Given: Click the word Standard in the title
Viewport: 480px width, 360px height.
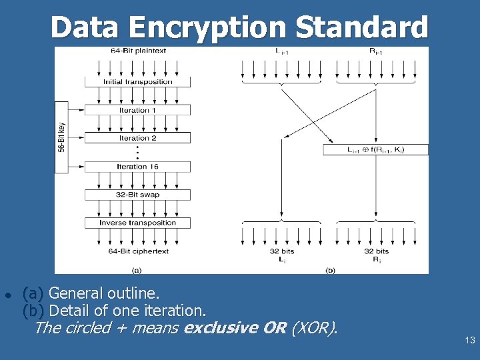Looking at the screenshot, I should [x=361, y=28].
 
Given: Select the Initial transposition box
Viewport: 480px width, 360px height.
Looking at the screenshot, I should [x=137, y=82].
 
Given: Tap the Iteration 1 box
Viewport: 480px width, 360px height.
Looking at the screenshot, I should [x=137, y=110].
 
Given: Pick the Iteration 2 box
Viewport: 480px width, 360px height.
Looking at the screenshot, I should [x=137, y=138].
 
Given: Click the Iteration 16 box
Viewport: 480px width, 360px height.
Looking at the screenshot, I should [x=137, y=167].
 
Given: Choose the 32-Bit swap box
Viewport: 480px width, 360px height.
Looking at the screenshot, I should [x=137, y=195].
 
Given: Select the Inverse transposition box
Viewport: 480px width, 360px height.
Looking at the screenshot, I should [x=137, y=223].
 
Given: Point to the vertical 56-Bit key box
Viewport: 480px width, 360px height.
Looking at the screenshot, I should [x=61, y=137].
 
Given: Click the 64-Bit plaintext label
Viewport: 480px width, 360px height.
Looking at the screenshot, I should [x=138, y=51].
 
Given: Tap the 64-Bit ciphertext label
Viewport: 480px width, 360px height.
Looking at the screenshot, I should [x=138, y=251].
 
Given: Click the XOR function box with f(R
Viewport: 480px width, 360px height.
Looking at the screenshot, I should [x=376, y=150].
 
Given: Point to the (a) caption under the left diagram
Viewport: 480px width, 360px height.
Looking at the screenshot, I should [x=137, y=269].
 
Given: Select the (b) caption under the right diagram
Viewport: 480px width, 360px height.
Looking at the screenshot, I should [x=330, y=269].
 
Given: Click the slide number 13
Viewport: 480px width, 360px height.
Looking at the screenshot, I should [x=469, y=341].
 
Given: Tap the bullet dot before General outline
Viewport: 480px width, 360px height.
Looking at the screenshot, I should [x=6, y=295].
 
